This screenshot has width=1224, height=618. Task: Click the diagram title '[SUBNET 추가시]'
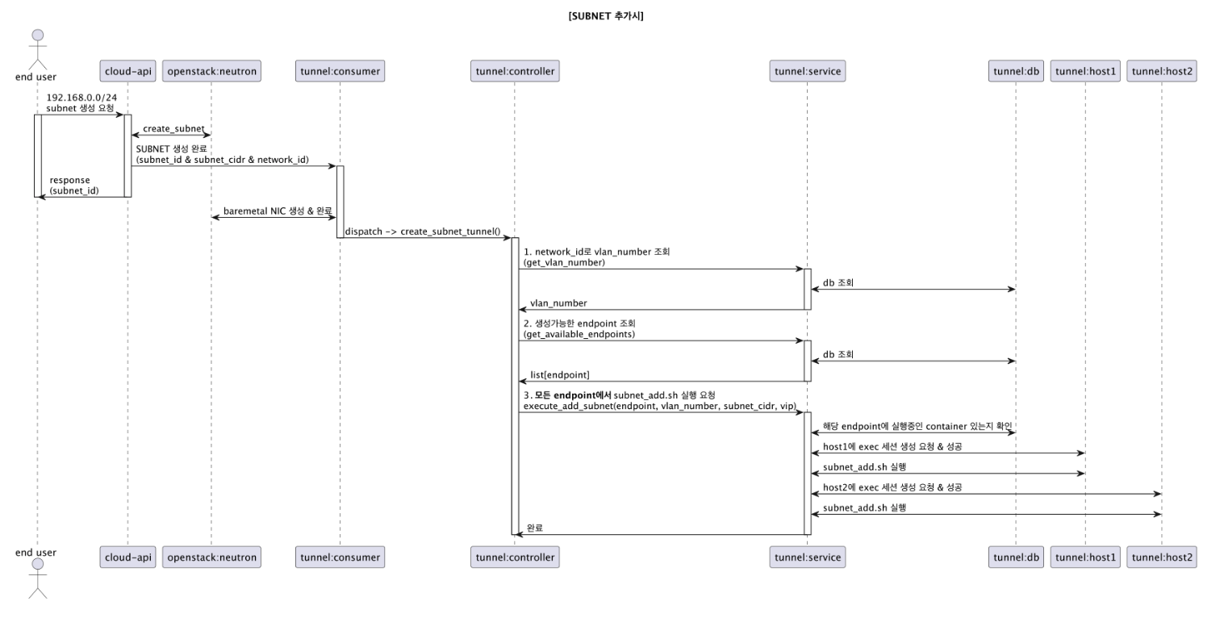606,15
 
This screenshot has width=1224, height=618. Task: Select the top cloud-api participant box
127,72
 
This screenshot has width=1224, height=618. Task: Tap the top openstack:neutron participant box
211,72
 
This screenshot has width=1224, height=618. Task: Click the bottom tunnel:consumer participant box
340,557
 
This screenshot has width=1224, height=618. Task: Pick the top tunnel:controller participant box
514,72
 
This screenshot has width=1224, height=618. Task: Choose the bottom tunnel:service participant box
808,557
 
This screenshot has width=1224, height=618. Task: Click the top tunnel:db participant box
1016,72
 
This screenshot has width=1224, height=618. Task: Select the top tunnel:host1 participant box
1085,72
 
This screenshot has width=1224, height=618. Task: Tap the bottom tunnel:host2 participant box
1162,557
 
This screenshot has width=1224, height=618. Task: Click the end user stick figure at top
37,48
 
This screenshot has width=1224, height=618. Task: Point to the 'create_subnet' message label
173,129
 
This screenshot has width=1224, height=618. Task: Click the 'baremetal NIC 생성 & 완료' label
278,211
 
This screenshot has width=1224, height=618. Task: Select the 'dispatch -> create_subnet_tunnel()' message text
423,232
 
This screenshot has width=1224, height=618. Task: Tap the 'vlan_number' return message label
558,303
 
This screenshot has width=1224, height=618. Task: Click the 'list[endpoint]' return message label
559,375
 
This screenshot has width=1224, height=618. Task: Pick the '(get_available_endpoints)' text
579,334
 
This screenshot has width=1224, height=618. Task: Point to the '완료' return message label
535,528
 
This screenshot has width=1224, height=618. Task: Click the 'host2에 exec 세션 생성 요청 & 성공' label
892,487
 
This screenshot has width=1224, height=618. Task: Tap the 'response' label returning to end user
70,180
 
